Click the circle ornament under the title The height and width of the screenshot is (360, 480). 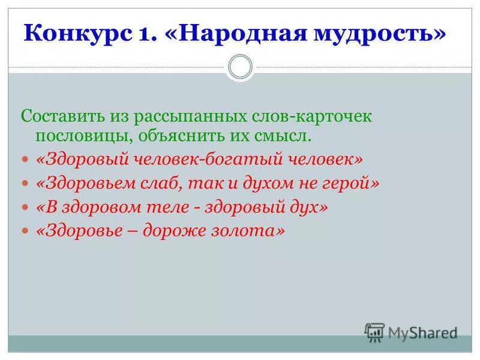(240, 66)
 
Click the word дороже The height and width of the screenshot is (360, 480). (174, 230)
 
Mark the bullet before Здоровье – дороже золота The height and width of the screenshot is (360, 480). (25, 230)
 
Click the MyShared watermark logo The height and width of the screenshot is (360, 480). (411, 332)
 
